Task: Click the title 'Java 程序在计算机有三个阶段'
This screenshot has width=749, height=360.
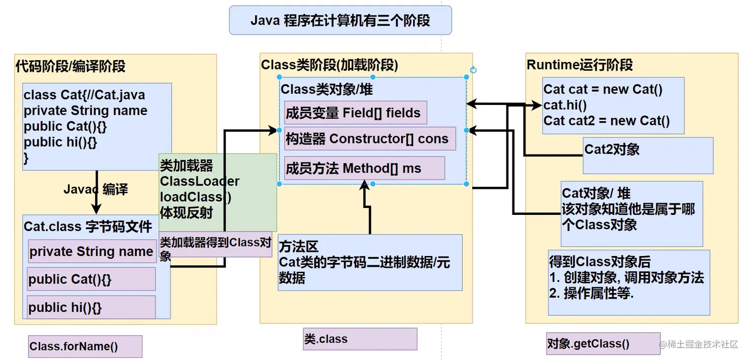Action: [x=340, y=20]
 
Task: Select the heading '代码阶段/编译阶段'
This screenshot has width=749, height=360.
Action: [x=70, y=66]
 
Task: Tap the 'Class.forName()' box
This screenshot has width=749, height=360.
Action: [x=85, y=346]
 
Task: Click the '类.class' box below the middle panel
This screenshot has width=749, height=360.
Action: [x=360, y=339]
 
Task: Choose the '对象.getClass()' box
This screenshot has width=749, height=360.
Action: [x=603, y=344]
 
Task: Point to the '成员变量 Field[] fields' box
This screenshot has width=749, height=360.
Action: [x=355, y=113]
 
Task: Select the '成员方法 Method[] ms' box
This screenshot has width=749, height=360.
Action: [x=364, y=168]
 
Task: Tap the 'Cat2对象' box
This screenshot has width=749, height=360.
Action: [x=647, y=155]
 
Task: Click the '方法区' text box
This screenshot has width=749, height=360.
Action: [x=370, y=262]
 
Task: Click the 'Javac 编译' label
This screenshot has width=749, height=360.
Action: [x=96, y=189]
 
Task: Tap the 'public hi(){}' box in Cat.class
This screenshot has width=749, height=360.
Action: [x=91, y=308]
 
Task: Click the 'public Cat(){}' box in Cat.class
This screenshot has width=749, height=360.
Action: [x=91, y=279]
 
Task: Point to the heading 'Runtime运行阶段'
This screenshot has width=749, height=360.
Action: [x=580, y=65]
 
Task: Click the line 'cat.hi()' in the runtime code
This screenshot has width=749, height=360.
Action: [x=565, y=105]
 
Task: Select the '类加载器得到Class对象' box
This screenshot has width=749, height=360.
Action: [x=215, y=245]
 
